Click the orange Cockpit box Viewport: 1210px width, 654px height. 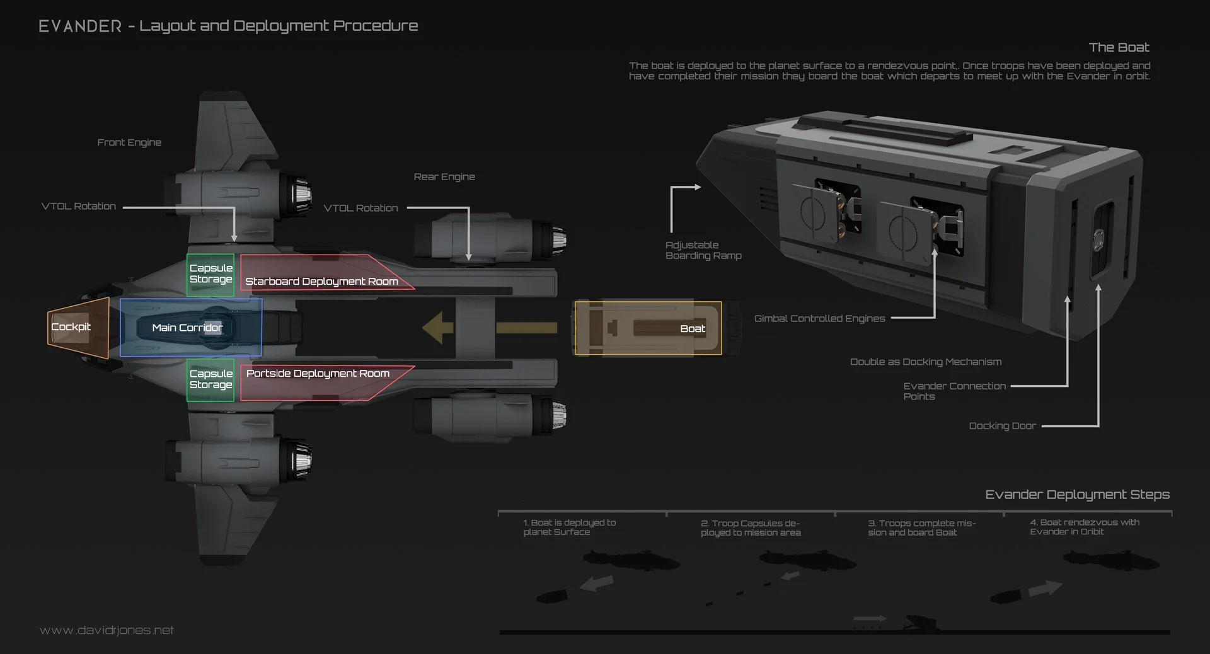[x=78, y=328]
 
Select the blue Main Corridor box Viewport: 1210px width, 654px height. [x=190, y=328]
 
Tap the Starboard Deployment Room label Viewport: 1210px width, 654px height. [x=321, y=281]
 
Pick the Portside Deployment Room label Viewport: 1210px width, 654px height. [x=318, y=374]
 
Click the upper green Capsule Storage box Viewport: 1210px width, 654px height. [x=210, y=275]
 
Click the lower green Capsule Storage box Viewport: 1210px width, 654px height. [x=210, y=380]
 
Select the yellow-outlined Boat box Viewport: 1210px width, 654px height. [x=648, y=328]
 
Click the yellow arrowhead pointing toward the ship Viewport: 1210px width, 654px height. [x=437, y=328]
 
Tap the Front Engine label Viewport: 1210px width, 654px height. [x=129, y=142]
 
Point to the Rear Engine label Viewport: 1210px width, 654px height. [x=444, y=177]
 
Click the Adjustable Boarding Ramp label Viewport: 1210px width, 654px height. [x=703, y=250]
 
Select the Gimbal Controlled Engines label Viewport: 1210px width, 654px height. [x=819, y=319]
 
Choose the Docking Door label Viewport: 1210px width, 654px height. [x=1002, y=426]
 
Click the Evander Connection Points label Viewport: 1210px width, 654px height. [x=954, y=391]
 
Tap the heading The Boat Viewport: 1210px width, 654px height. [x=1119, y=47]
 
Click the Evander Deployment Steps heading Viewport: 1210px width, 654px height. [x=1077, y=495]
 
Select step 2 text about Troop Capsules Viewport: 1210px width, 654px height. [x=751, y=528]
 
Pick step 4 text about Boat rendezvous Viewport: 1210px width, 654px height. [x=1085, y=527]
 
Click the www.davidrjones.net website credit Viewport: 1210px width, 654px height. [x=107, y=630]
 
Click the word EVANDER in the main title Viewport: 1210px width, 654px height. [x=80, y=26]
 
